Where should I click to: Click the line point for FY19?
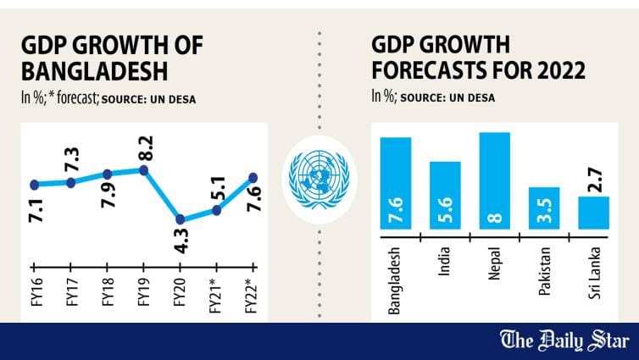click(143, 170)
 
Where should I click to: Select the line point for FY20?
click(180, 219)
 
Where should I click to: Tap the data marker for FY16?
click(34, 184)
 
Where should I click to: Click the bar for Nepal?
click(494, 181)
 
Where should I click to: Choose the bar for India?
click(445, 196)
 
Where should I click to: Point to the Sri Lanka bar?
click(593, 213)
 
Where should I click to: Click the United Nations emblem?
click(319, 179)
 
